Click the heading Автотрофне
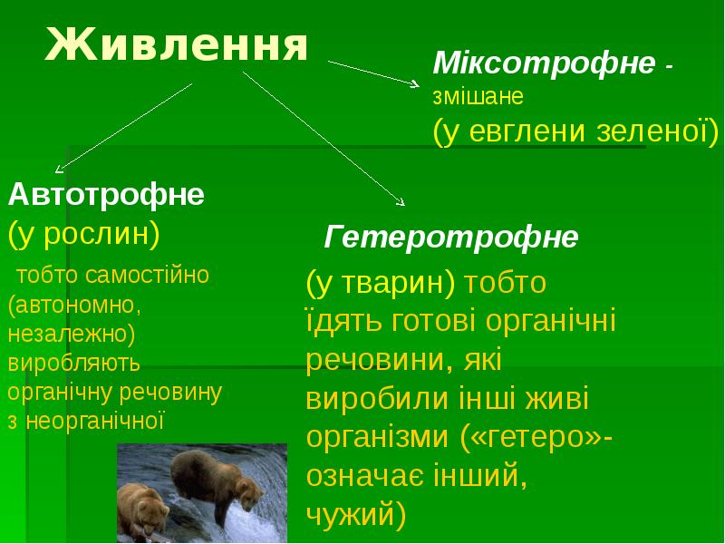(x=106, y=194)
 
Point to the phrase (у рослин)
(x=84, y=233)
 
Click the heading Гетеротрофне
(x=451, y=238)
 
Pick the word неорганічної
(x=94, y=422)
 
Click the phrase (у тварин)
(x=380, y=283)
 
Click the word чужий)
(x=356, y=515)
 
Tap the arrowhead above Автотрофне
(x=60, y=168)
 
